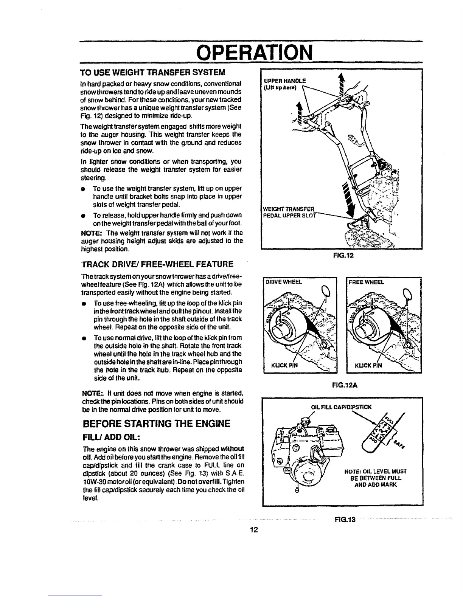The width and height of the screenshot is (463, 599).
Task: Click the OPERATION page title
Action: [x=250, y=52]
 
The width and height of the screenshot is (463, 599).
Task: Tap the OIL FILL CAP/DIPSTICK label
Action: [x=341, y=407]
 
